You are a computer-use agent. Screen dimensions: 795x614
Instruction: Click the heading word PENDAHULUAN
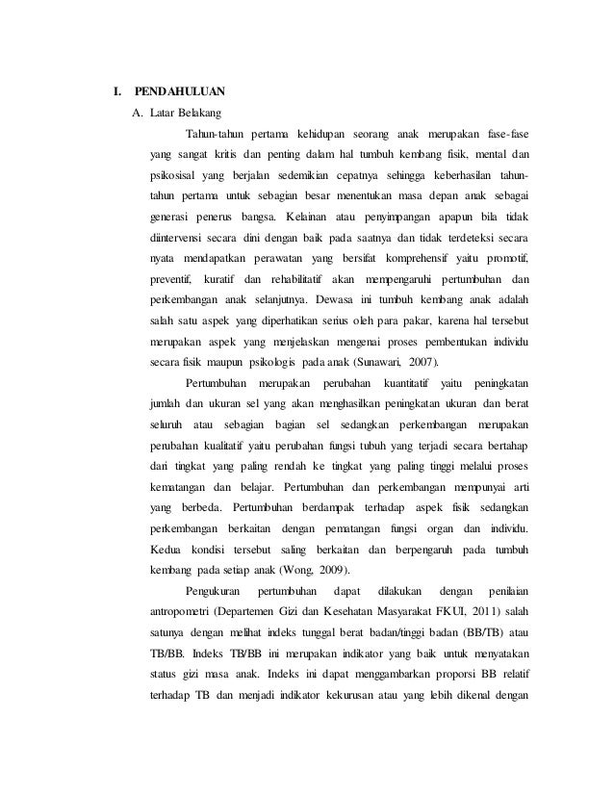[x=180, y=92]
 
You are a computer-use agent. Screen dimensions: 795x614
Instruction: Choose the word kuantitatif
[x=409, y=384]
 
